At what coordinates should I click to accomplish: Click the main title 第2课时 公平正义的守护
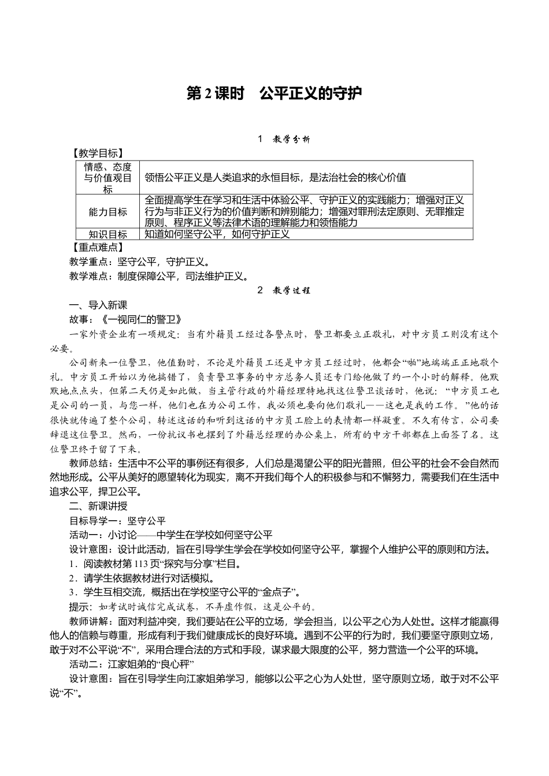point(274,94)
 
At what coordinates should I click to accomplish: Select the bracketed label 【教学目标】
point(96,153)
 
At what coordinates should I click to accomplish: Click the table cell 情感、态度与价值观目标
point(108,178)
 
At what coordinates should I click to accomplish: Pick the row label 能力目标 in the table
point(108,212)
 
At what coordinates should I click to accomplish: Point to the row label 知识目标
point(108,234)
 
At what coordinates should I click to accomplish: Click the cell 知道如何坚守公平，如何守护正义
point(217,234)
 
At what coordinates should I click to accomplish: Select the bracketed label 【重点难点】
point(96,247)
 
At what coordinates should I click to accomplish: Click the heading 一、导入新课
point(98,305)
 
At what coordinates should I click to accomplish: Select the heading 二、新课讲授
point(98,506)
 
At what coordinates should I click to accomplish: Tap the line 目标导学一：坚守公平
point(117,520)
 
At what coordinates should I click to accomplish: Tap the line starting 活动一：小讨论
point(170,535)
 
